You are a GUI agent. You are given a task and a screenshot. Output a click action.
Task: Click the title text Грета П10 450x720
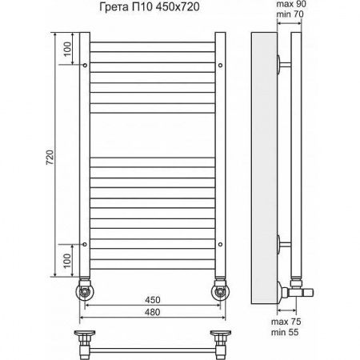tap(150, 7)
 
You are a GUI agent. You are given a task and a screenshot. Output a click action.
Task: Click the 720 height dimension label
tap(50, 158)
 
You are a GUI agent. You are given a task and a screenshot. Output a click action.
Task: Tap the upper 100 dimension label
tap(67, 49)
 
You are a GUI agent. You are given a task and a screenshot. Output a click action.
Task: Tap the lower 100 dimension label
tap(67, 261)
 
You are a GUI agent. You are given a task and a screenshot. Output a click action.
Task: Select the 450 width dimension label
tap(153, 300)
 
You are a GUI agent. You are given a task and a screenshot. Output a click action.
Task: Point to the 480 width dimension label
tap(153, 312)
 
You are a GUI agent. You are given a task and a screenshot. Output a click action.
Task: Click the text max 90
tap(291, 4)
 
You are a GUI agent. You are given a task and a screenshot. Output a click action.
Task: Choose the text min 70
tap(290, 14)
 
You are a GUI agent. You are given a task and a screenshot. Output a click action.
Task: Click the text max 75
tap(286, 322)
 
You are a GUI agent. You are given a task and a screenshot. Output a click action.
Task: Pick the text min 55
tap(285, 332)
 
